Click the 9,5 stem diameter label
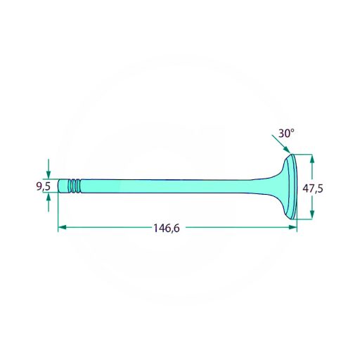44,186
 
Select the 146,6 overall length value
167,228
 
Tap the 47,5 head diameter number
313,188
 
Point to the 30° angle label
286,134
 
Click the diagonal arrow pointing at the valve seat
281,144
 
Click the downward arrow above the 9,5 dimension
49,169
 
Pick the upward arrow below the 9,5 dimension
49,202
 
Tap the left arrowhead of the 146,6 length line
62,227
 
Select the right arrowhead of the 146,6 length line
293,227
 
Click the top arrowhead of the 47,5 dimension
312,159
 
